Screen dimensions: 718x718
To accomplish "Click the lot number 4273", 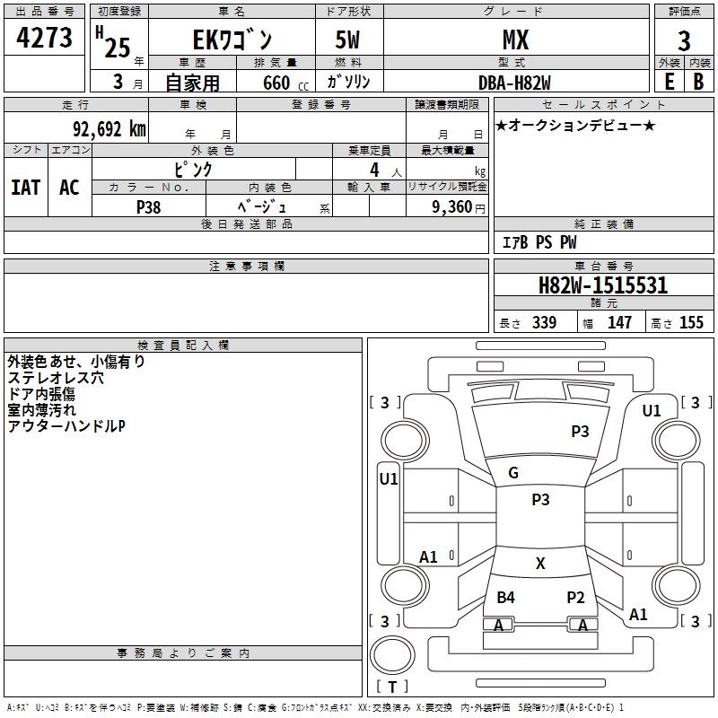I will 44,39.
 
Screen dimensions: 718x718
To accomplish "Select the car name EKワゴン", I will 231,39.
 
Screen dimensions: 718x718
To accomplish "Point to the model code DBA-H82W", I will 514,83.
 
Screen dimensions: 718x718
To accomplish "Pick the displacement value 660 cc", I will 269,83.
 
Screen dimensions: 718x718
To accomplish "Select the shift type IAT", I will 25,188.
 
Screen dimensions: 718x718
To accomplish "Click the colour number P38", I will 149,206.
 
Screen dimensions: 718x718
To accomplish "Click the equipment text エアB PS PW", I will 538,242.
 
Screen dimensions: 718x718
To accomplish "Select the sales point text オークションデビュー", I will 575,126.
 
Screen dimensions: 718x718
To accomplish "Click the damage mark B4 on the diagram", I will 506,598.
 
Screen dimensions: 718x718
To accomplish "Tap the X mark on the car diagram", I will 540,564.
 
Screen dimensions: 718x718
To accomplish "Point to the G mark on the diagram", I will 513,473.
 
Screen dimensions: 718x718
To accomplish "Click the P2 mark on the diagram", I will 575,598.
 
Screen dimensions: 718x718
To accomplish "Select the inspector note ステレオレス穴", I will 55,378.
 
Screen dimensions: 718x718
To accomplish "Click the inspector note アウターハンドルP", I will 66,426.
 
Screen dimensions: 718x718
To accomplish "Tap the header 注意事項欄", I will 246,267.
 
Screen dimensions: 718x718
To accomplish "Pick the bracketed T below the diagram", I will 392,687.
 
